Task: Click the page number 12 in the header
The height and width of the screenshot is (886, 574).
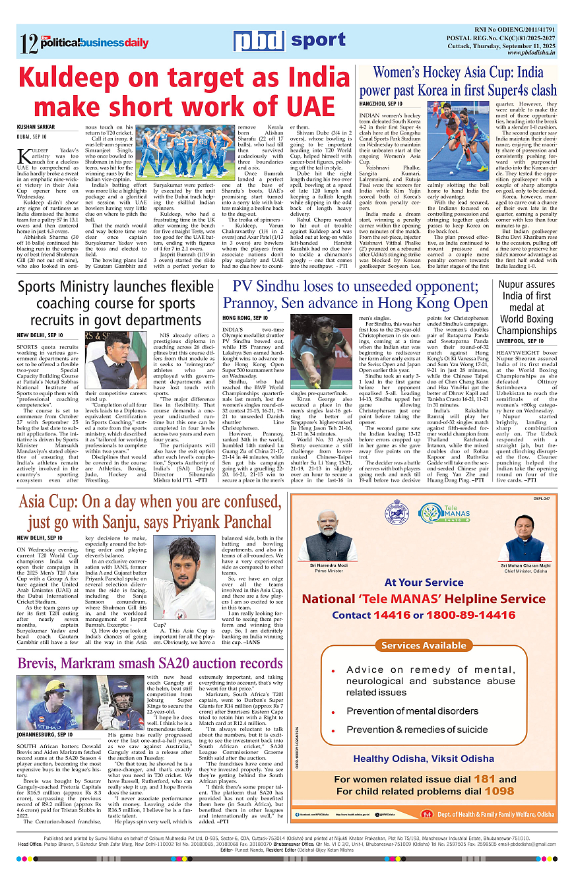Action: point(29,44)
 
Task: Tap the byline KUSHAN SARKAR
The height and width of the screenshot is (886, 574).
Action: point(36,127)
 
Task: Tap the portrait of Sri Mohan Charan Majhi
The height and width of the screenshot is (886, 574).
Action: point(525,541)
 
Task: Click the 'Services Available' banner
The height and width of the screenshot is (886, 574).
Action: point(423,645)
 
